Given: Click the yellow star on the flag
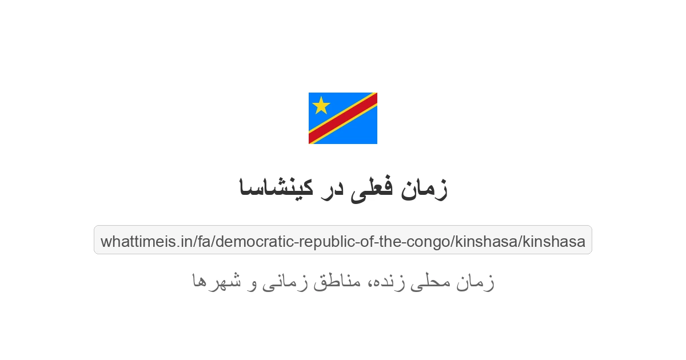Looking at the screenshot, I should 321,105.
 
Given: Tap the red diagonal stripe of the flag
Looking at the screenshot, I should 343,118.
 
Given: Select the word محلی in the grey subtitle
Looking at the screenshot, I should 438,281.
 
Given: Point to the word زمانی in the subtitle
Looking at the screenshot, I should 285,281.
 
